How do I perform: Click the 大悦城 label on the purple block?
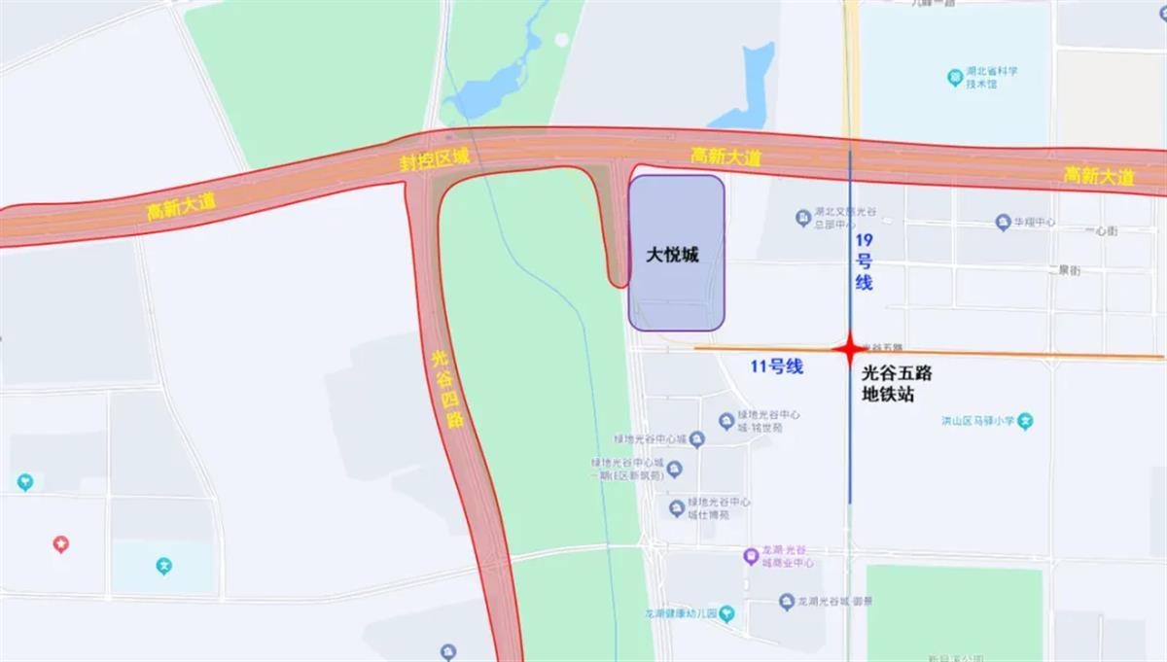click(x=673, y=255)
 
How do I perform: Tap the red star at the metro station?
click(x=849, y=347)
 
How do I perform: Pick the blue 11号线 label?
click(x=776, y=367)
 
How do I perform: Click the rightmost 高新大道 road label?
click(x=1099, y=176)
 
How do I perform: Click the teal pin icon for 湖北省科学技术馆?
click(x=954, y=77)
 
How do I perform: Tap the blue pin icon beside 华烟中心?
click(x=1003, y=223)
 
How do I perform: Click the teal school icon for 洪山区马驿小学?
click(x=1025, y=422)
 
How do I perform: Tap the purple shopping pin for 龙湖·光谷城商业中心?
click(x=750, y=557)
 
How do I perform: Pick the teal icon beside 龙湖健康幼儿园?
click(x=727, y=613)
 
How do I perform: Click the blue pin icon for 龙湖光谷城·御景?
click(x=787, y=603)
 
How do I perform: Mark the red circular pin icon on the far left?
click(x=60, y=545)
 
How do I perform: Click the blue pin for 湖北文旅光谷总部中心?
click(x=802, y=217)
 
